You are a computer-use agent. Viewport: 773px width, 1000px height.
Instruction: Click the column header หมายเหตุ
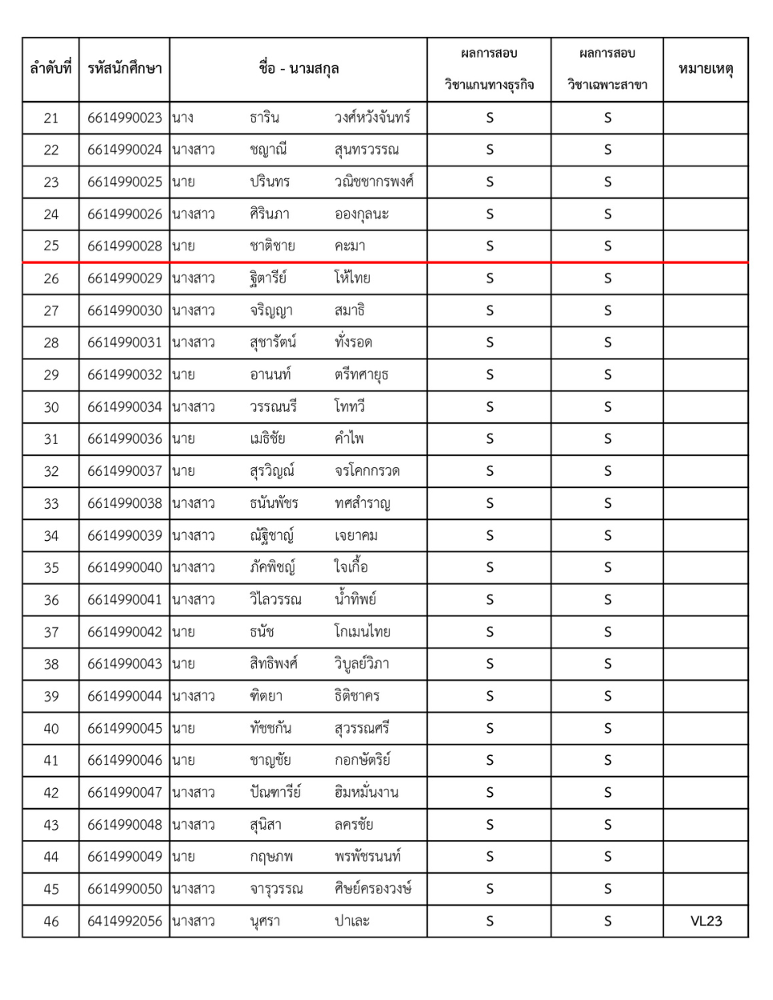(x=705, y=69)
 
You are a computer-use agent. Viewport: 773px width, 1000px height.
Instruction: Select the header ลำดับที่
(x=50, y=69)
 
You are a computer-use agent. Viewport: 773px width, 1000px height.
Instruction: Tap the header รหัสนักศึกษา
(x=124, y=69)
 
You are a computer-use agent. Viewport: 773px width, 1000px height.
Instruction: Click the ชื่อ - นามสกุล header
(x=298, y=69)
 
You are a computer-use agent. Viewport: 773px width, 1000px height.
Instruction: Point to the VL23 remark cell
(x=705, y=921)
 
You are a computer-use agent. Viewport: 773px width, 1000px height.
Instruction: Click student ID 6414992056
(x=124, y=921)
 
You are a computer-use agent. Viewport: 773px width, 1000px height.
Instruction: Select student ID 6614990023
(x=124, y=118)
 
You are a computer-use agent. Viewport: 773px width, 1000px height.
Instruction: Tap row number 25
(x=50, y=246)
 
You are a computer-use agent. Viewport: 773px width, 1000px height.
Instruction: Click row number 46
(x=50, y=921)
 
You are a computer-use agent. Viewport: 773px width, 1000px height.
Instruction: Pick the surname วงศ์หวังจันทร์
(x=372, y=118)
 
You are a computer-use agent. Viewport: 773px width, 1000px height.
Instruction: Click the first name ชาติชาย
(x=272, y=246)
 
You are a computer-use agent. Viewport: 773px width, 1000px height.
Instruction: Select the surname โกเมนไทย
(x=362, y=631)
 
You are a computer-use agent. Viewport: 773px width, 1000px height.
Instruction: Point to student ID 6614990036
(x=124, y=438)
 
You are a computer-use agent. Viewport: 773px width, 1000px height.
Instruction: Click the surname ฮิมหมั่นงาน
(x=366, y=792)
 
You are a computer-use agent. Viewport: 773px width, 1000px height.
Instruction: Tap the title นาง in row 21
(x=182, y=118)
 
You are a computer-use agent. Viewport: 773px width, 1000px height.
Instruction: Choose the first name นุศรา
(x=265, y=921)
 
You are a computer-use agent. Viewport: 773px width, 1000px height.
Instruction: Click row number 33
(x=50, y=503)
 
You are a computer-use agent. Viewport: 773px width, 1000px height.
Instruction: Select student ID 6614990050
(x=124, y=889)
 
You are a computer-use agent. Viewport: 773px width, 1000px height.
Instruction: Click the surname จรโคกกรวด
(x=366, y=471)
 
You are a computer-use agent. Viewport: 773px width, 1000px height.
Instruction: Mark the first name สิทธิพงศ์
(x=274, y=664)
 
